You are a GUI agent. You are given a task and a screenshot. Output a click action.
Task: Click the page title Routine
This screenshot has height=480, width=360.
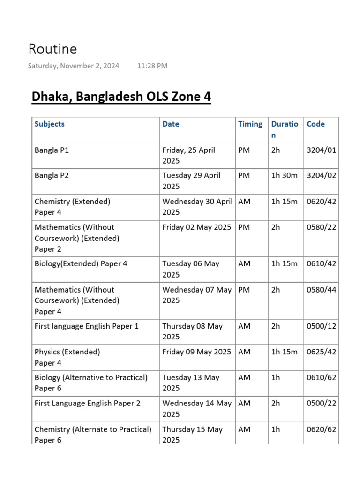(x=52, y=49)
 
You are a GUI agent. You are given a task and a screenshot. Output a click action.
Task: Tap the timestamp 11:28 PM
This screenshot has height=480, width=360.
(x=152, y=66)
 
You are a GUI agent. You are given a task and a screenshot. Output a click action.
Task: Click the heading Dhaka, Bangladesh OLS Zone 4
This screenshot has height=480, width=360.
(x=121, y=97)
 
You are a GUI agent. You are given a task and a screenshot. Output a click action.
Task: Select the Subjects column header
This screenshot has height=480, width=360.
(x=49, y=124)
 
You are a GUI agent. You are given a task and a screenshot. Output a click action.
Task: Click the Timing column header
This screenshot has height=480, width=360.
(x=250, y=124)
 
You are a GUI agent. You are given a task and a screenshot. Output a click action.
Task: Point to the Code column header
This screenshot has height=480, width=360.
(x=315, y=124)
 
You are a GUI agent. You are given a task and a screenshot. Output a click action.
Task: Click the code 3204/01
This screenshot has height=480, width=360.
(x=321, y=150)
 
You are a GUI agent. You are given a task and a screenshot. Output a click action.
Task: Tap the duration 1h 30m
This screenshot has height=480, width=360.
(x=284, y=176)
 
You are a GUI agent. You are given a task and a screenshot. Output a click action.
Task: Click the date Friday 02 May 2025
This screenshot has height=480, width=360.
(x=196, y=227)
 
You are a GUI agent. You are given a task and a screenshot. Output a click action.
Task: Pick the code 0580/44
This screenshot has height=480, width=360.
(x=321, y=290)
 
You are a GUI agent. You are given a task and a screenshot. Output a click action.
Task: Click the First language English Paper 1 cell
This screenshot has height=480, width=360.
(x=87, y=326)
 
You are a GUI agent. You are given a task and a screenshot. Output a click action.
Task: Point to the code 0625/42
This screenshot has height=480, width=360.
(x=321, y=352)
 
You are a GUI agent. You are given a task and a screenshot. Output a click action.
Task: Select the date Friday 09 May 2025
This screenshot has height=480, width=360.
(x=196, y=352)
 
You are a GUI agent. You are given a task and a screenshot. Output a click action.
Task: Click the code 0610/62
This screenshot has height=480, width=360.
(x=321, y=377)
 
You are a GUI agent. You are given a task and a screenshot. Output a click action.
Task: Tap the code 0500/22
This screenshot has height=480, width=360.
(x=321, y=404)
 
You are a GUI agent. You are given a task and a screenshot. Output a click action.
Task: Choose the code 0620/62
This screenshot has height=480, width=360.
(x=321, y=429)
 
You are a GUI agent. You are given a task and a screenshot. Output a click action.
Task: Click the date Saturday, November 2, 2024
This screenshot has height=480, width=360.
(x=73, y=66)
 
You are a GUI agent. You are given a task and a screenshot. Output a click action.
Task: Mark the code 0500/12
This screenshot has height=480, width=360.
(x=321, y=326)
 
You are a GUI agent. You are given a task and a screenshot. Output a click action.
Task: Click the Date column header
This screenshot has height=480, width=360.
(x=171, y=124)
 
